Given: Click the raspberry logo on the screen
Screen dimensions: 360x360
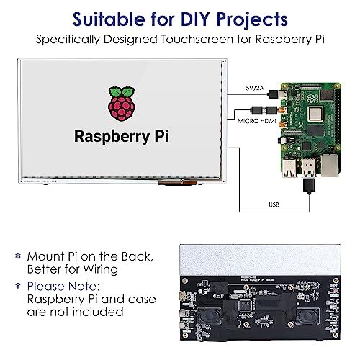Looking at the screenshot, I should (x=120, y=105).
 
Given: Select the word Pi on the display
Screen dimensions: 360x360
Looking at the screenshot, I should (x=156, y=137).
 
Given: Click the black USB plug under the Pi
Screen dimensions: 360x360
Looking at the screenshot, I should (x=309, y=186).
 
